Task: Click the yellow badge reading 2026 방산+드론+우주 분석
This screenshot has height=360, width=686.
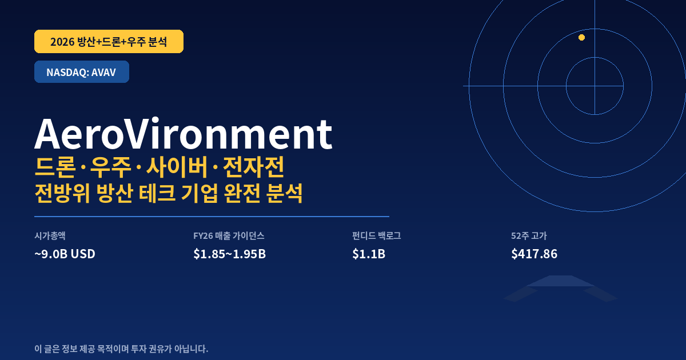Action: [x=109, y=41]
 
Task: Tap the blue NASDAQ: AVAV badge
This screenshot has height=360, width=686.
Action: [x=81, y=71]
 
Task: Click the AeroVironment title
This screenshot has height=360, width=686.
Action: [x=183, y=134]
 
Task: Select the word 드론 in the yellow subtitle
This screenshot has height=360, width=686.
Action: [x=55, y=167]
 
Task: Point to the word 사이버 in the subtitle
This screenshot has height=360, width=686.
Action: [x=177, y=167]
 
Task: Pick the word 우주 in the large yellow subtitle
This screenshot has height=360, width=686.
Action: [x=110, y=167]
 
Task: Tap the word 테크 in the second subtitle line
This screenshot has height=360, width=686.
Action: [x=157, y=193]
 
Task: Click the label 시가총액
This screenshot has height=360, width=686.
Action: [x=50, y=235]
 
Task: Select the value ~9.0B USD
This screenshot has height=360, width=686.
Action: [x=65, y=254]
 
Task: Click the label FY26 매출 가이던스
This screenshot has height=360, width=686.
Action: [x=229, y=235]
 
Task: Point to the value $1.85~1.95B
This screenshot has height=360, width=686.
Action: [x=230, y=254]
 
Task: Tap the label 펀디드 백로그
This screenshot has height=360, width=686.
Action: [x=376, y=235]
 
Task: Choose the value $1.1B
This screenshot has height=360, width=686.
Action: [x=369, y=254]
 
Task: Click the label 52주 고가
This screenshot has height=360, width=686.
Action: [x=529, y=235]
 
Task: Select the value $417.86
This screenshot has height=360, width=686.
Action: [x=534, y=254]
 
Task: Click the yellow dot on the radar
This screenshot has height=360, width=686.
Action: [x=581, y=37]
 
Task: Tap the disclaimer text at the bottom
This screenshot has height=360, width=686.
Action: [x=121, y=349]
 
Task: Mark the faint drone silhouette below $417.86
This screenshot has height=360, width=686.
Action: [x=560, y=289]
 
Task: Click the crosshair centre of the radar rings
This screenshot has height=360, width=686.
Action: [x=595, y=86]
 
